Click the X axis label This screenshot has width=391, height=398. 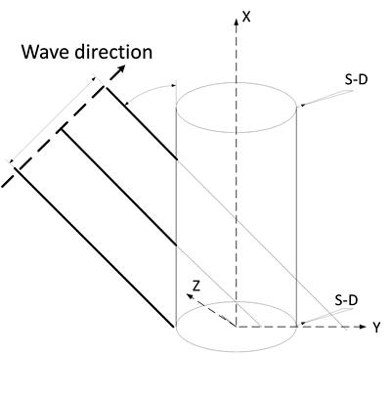tap(246, 16)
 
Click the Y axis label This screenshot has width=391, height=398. tap(376, 328)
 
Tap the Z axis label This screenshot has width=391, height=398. tap(195, 286)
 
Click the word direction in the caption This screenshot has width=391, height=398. tap(113, 52)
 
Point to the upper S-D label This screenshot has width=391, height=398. tap(357, 79)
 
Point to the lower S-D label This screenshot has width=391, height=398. tap(346, 300)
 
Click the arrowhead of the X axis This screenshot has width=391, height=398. tap(237, 22)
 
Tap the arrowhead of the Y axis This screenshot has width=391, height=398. tap(363, 327)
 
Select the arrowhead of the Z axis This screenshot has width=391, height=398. tap(190, 296)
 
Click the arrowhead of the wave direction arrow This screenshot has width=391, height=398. tap(121, 68)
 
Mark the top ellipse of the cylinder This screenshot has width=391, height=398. tap(237, 132)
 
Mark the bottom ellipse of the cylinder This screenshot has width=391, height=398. tap(237, 351)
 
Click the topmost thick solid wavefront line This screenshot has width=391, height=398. tap(141, 123)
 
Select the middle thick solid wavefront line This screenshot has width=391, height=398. tap(119, 187)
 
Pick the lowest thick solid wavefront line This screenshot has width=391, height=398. tap(94, 246)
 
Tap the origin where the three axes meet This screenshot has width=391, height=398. tap(237, 326)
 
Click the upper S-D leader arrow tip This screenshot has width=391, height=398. tap(301, 106)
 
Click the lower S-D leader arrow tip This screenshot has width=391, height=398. tap(301, 324)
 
